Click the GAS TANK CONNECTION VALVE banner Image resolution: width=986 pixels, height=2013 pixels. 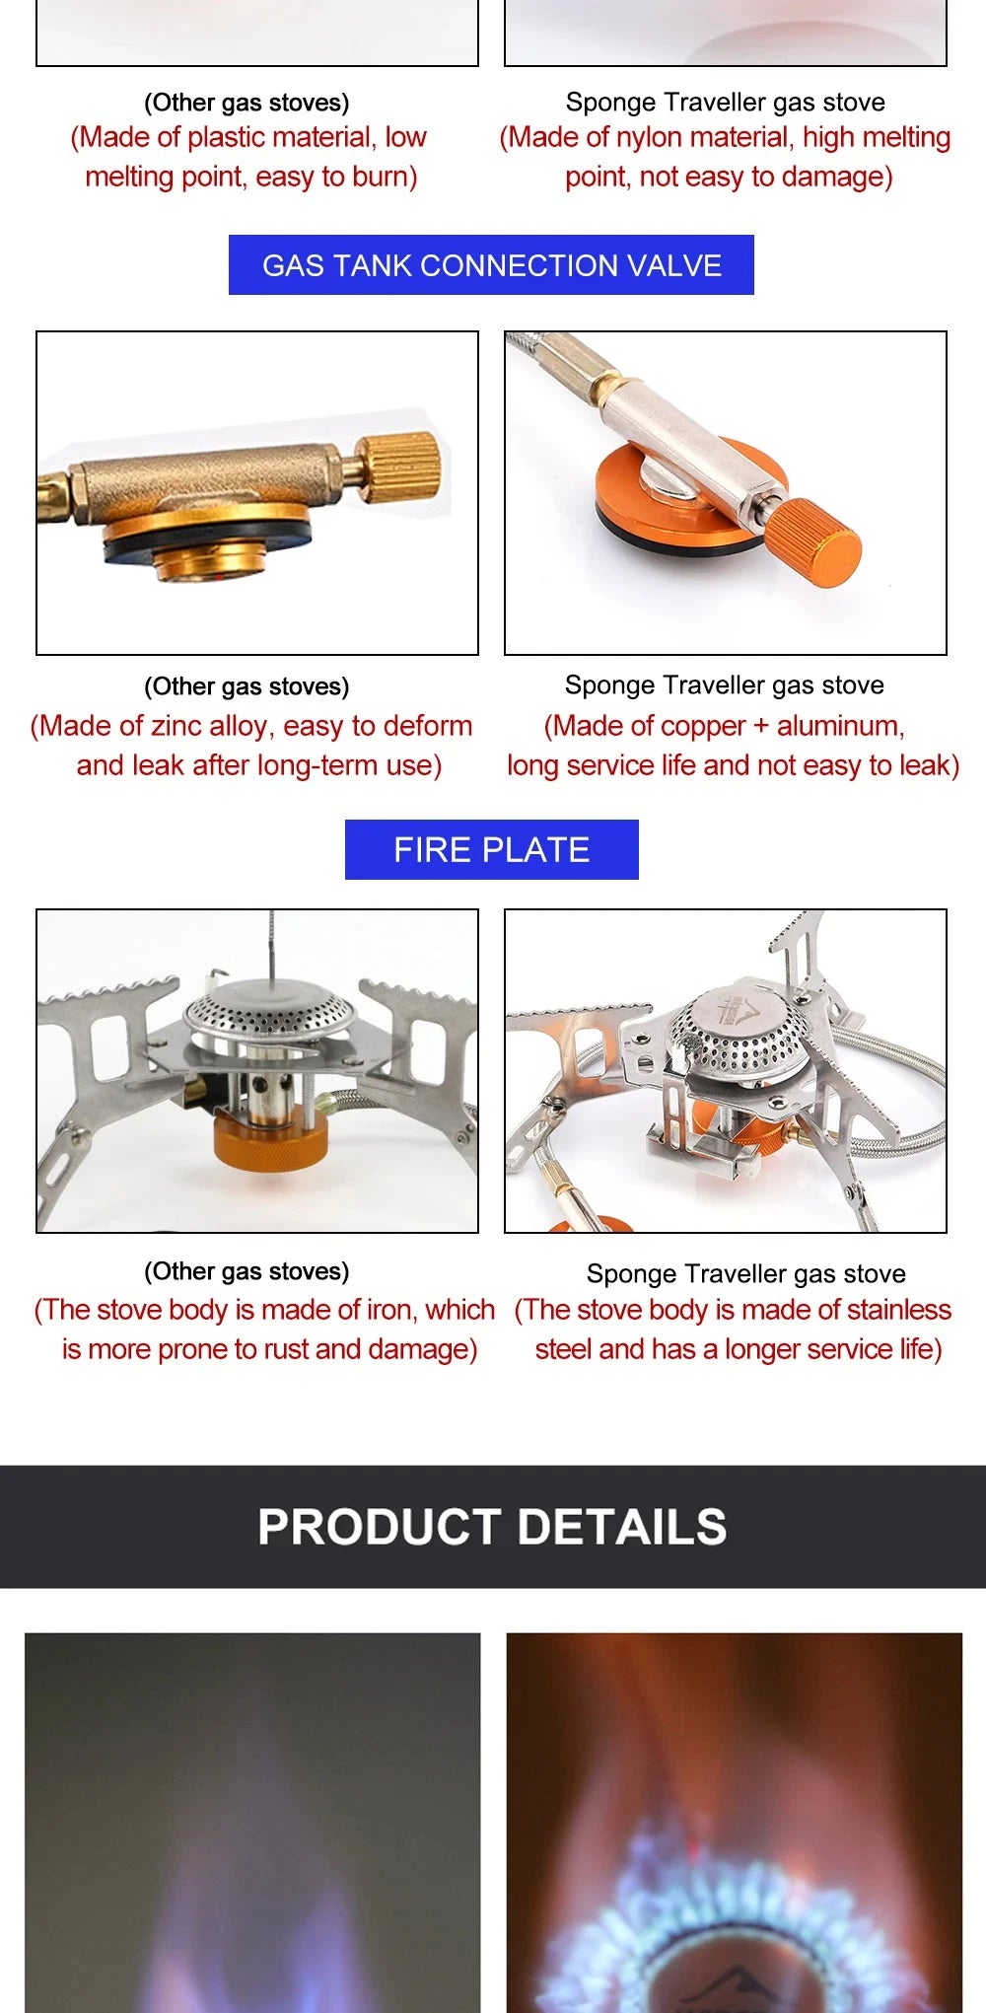pyautogui.click(x=491, y=265)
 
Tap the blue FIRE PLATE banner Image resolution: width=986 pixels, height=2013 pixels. pyautogui.click(x=491, y=849)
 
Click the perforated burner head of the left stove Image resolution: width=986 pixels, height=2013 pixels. pyautogui.click(x=268, y=1011)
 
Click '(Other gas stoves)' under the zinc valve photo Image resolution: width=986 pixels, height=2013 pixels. pyautogui.click(x=246, y=686)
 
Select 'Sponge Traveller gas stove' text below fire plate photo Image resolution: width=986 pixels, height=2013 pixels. pyautogui.click(x=745, y=1273)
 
